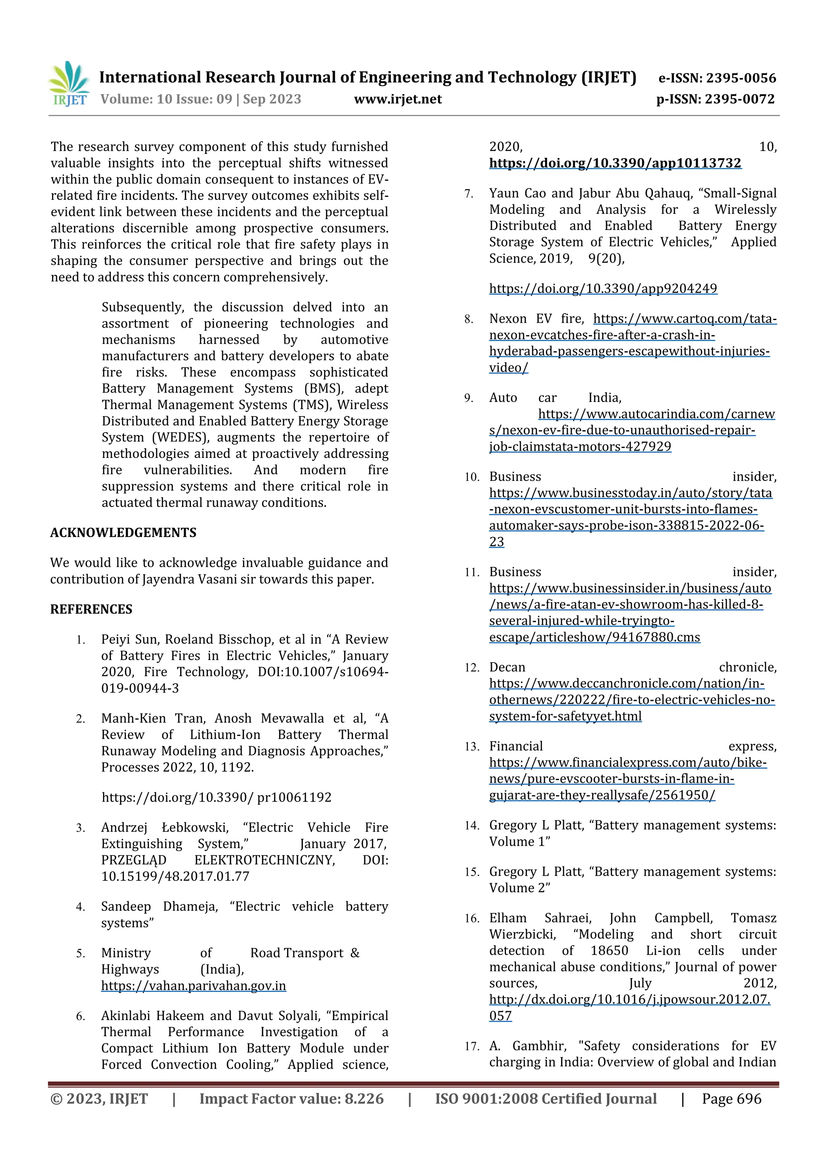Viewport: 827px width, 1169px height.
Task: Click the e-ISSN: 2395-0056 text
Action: (717, 78)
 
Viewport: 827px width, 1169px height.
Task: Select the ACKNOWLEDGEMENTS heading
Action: (123, 533)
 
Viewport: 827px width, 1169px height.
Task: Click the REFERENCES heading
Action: (91, 609)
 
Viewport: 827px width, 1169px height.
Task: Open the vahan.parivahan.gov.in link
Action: (194, 986)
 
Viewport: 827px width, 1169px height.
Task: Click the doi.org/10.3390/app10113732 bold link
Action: (615, 163)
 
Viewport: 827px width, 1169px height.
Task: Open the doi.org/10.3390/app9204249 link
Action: (603, 289)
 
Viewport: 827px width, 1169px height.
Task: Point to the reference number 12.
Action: (471, 668)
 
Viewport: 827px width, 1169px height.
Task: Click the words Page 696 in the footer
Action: (731, 1099)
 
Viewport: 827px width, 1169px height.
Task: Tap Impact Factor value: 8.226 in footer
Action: (292, 1099)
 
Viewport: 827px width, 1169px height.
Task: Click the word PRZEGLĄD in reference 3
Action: (134, 860)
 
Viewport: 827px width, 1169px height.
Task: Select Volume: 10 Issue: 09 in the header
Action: (166, 99)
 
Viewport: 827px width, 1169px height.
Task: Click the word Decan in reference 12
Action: (507, 667)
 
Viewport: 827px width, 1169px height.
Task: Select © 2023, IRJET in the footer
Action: (99, 1099)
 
